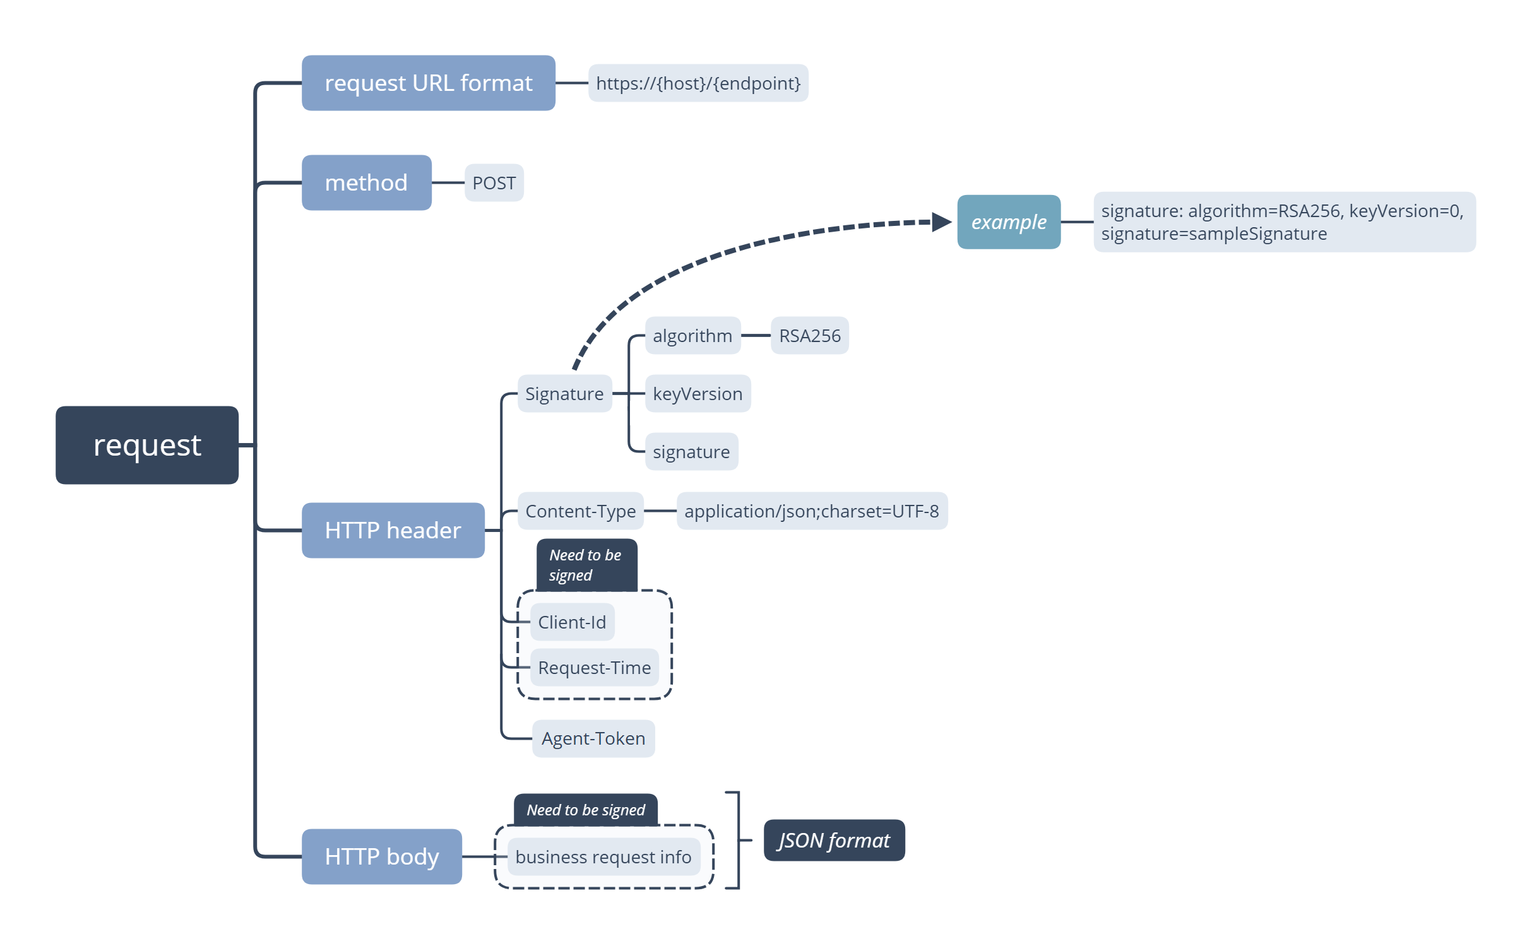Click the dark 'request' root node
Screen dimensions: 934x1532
tap(147, 445)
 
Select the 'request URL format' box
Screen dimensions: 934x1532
tap(428, 83)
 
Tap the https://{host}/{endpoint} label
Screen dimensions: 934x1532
tap(698, 83)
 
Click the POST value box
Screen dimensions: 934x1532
tap(494, 183)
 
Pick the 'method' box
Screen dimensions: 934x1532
tap(366, 182)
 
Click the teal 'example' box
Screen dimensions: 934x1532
tap(1008, 222)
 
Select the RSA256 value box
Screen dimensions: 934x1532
tap(809, 336)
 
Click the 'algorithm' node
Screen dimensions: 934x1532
tap(692, 336)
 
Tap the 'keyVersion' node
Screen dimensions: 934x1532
tap(697, 394)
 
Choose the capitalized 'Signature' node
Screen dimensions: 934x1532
tap(564, 394)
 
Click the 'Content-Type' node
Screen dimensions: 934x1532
tap(580, 511)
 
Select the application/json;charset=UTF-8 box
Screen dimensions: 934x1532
tap(811, 511)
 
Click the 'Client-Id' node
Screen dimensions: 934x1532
tap(572, 622)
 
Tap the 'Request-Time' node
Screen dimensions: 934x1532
tap(594, 668)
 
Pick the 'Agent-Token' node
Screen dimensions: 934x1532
tap(593, 738)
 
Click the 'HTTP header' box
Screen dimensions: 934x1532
tap(393, 530)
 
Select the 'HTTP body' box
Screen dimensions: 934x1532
tap(381, 856)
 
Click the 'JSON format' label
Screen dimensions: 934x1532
tap(834, 841)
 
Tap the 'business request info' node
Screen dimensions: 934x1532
tap(603, 857)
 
